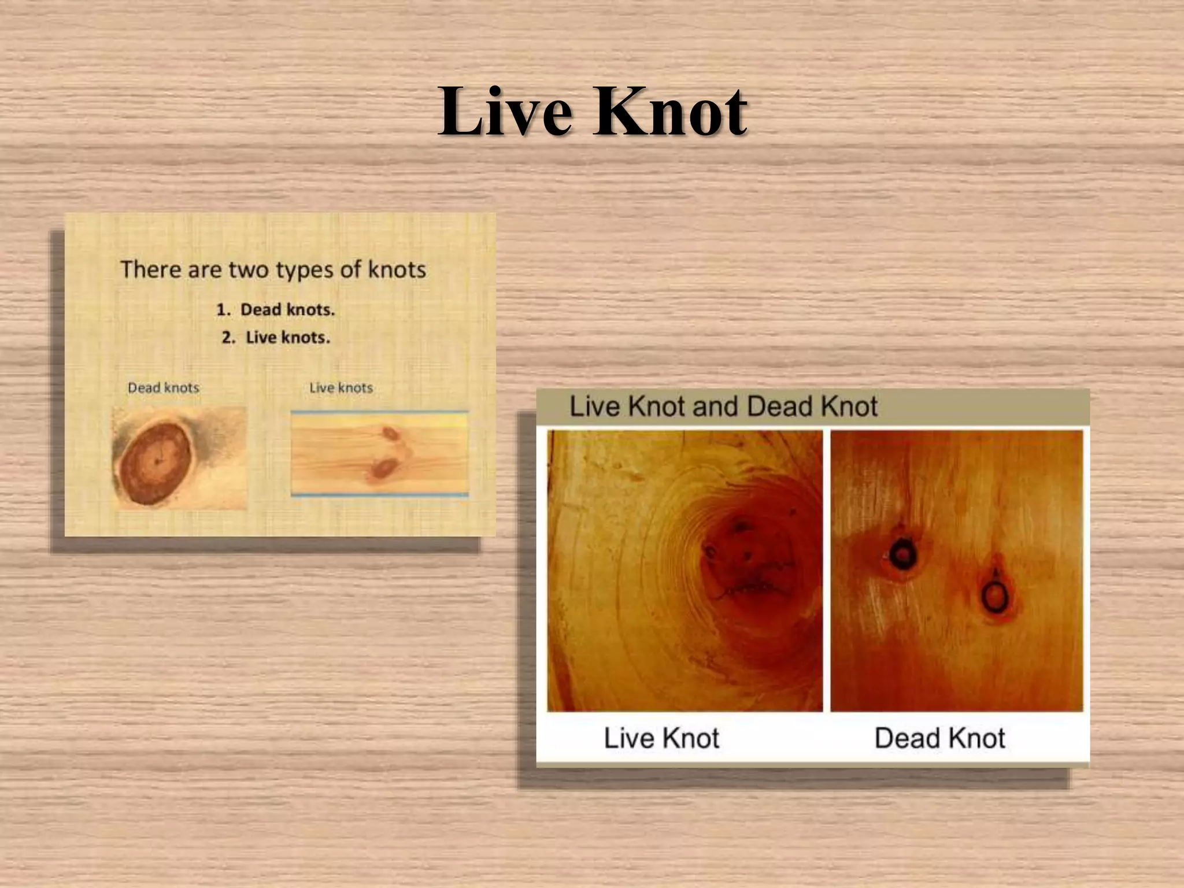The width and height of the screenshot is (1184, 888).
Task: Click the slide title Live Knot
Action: point(592,111)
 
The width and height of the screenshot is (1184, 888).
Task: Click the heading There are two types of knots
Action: point(273,269)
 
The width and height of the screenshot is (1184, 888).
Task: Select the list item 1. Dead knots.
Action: point(276,310)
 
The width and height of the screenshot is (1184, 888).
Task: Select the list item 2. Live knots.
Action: point(276,338)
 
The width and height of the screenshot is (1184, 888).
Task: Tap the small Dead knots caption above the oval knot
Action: point(164,388)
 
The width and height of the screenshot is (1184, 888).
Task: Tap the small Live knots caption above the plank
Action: point(341,388)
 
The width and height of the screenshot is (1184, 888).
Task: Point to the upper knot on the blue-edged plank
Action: point(390,433)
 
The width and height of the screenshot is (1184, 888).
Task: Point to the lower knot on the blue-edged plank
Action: point(381,468)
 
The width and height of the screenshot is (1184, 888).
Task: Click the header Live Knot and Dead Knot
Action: point(724,406)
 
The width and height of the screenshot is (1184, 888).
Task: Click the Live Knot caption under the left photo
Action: point(661,738)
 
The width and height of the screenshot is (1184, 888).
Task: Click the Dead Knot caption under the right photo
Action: point(940,738)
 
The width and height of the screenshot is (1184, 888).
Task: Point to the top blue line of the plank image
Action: point(379,412)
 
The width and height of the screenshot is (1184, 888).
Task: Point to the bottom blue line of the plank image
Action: point(379,495)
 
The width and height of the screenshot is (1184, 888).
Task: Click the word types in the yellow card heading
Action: point(305,270)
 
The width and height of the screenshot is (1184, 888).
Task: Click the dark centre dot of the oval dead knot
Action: point(157,461)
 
